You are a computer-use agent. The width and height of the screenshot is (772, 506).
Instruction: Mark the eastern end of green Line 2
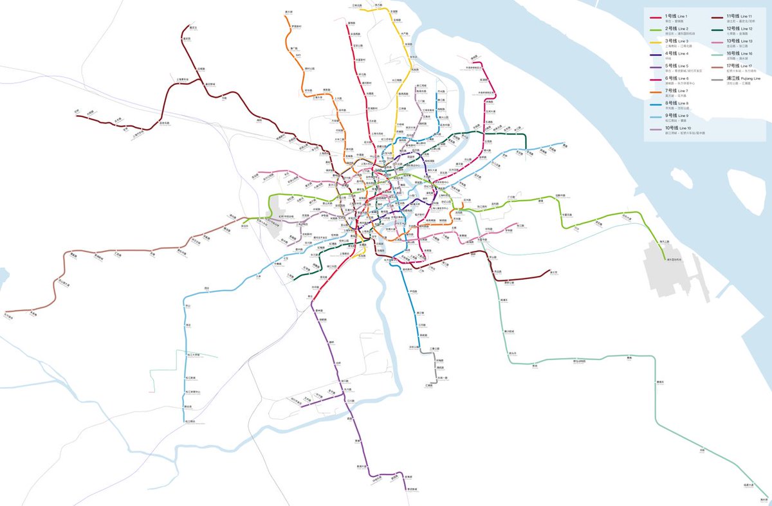pyautogui.click(x=666, y=258)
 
